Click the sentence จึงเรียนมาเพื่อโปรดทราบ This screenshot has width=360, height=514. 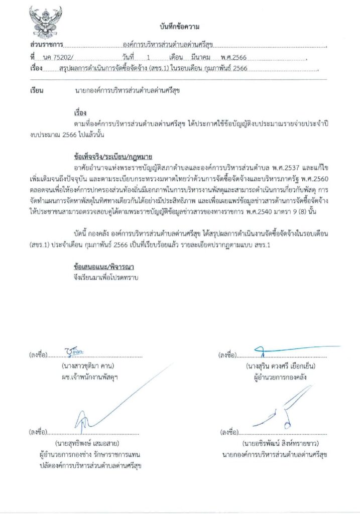tap(105, 277)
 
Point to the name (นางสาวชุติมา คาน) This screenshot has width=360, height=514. tap(88, 365)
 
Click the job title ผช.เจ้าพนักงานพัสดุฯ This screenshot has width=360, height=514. tap(88, 376)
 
